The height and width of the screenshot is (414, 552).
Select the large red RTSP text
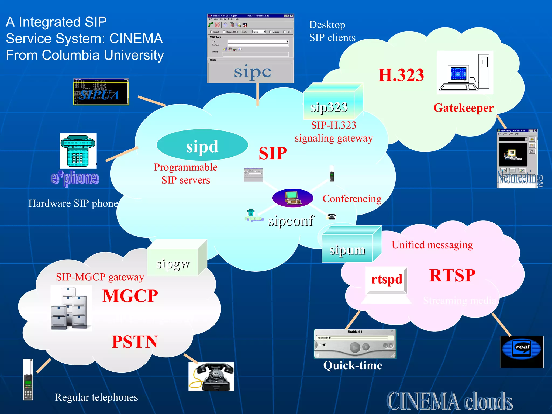click(x=452, y=275)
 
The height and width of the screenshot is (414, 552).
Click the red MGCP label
click(x=130, y=296)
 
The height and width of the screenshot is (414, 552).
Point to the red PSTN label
click(x=135, y=342)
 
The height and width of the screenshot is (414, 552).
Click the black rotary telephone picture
click(x=211, y=377)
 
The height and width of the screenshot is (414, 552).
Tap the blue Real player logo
click(x=522, y=352)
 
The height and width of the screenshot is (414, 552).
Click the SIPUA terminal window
click(x=101, y=92)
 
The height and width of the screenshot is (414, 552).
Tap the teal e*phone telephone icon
click(x=78, y=151)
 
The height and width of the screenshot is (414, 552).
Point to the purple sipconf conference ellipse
click(x=293, y=198)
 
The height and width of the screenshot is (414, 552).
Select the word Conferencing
click(x=352, y=199)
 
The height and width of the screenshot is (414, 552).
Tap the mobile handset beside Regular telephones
click(x=28, y=380)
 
